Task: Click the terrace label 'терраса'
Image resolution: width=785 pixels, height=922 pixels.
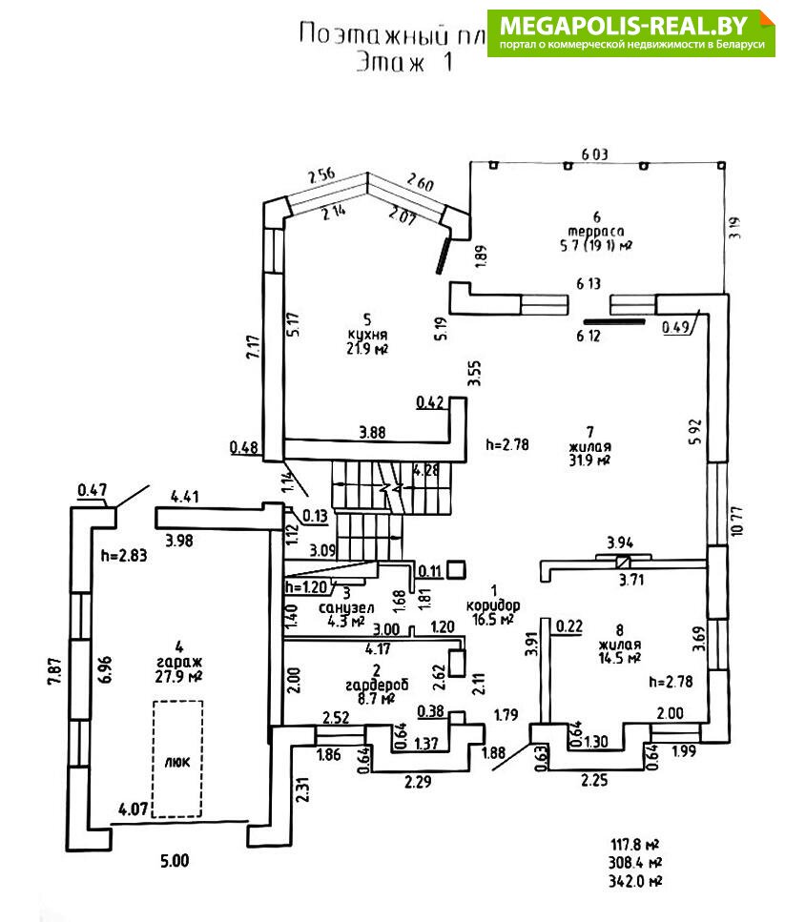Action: pos(595,232)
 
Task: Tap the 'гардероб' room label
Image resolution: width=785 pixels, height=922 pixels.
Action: pos(369,684)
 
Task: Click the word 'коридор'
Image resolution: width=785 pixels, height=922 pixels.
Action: pos(493,604)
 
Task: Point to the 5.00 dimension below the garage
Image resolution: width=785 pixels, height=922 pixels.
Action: pos(175,860)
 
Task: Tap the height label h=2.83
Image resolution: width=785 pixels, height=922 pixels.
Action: pos(126,557)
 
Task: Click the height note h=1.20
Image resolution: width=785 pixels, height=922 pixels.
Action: pos(307,587)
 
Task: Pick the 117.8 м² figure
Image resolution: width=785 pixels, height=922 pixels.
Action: pos(635,844)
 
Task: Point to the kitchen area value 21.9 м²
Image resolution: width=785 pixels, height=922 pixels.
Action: pos(367,349)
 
